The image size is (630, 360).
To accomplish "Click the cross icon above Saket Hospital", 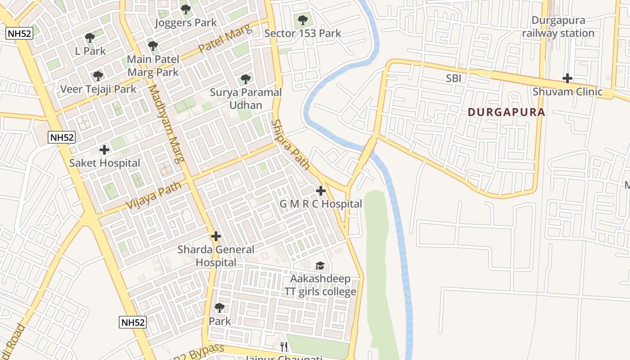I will [x=104, y=149].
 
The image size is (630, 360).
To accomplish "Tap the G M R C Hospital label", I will [x=320, y=204].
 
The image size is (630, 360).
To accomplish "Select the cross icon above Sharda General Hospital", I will [x=216, y=236].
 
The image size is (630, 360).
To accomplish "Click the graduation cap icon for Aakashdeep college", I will [x=320, y=265].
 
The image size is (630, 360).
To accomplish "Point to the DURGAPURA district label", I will [x=506, y=112].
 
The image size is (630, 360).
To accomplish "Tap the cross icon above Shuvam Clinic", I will [x=567, y=78].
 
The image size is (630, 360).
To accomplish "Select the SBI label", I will [x=454, y=78].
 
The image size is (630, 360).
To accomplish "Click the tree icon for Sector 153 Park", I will [x=302, y=20].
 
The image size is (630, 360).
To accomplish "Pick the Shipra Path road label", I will [x=291, y=144].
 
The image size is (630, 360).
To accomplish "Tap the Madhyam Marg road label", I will [x=166, y=124].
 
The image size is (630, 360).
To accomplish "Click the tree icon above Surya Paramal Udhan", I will [x=245, y=79].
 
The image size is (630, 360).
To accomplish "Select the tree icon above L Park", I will [x=90, y=37].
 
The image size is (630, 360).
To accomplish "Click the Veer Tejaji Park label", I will [x=98, y=89].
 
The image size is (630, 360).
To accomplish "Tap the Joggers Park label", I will [x=185, y=22].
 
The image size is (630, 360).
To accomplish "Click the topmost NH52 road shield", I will [x=19, y=33].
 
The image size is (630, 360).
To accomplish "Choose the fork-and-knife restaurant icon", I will [x=283, y=346].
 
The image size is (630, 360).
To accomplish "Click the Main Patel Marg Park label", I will [x=153, y=65].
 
